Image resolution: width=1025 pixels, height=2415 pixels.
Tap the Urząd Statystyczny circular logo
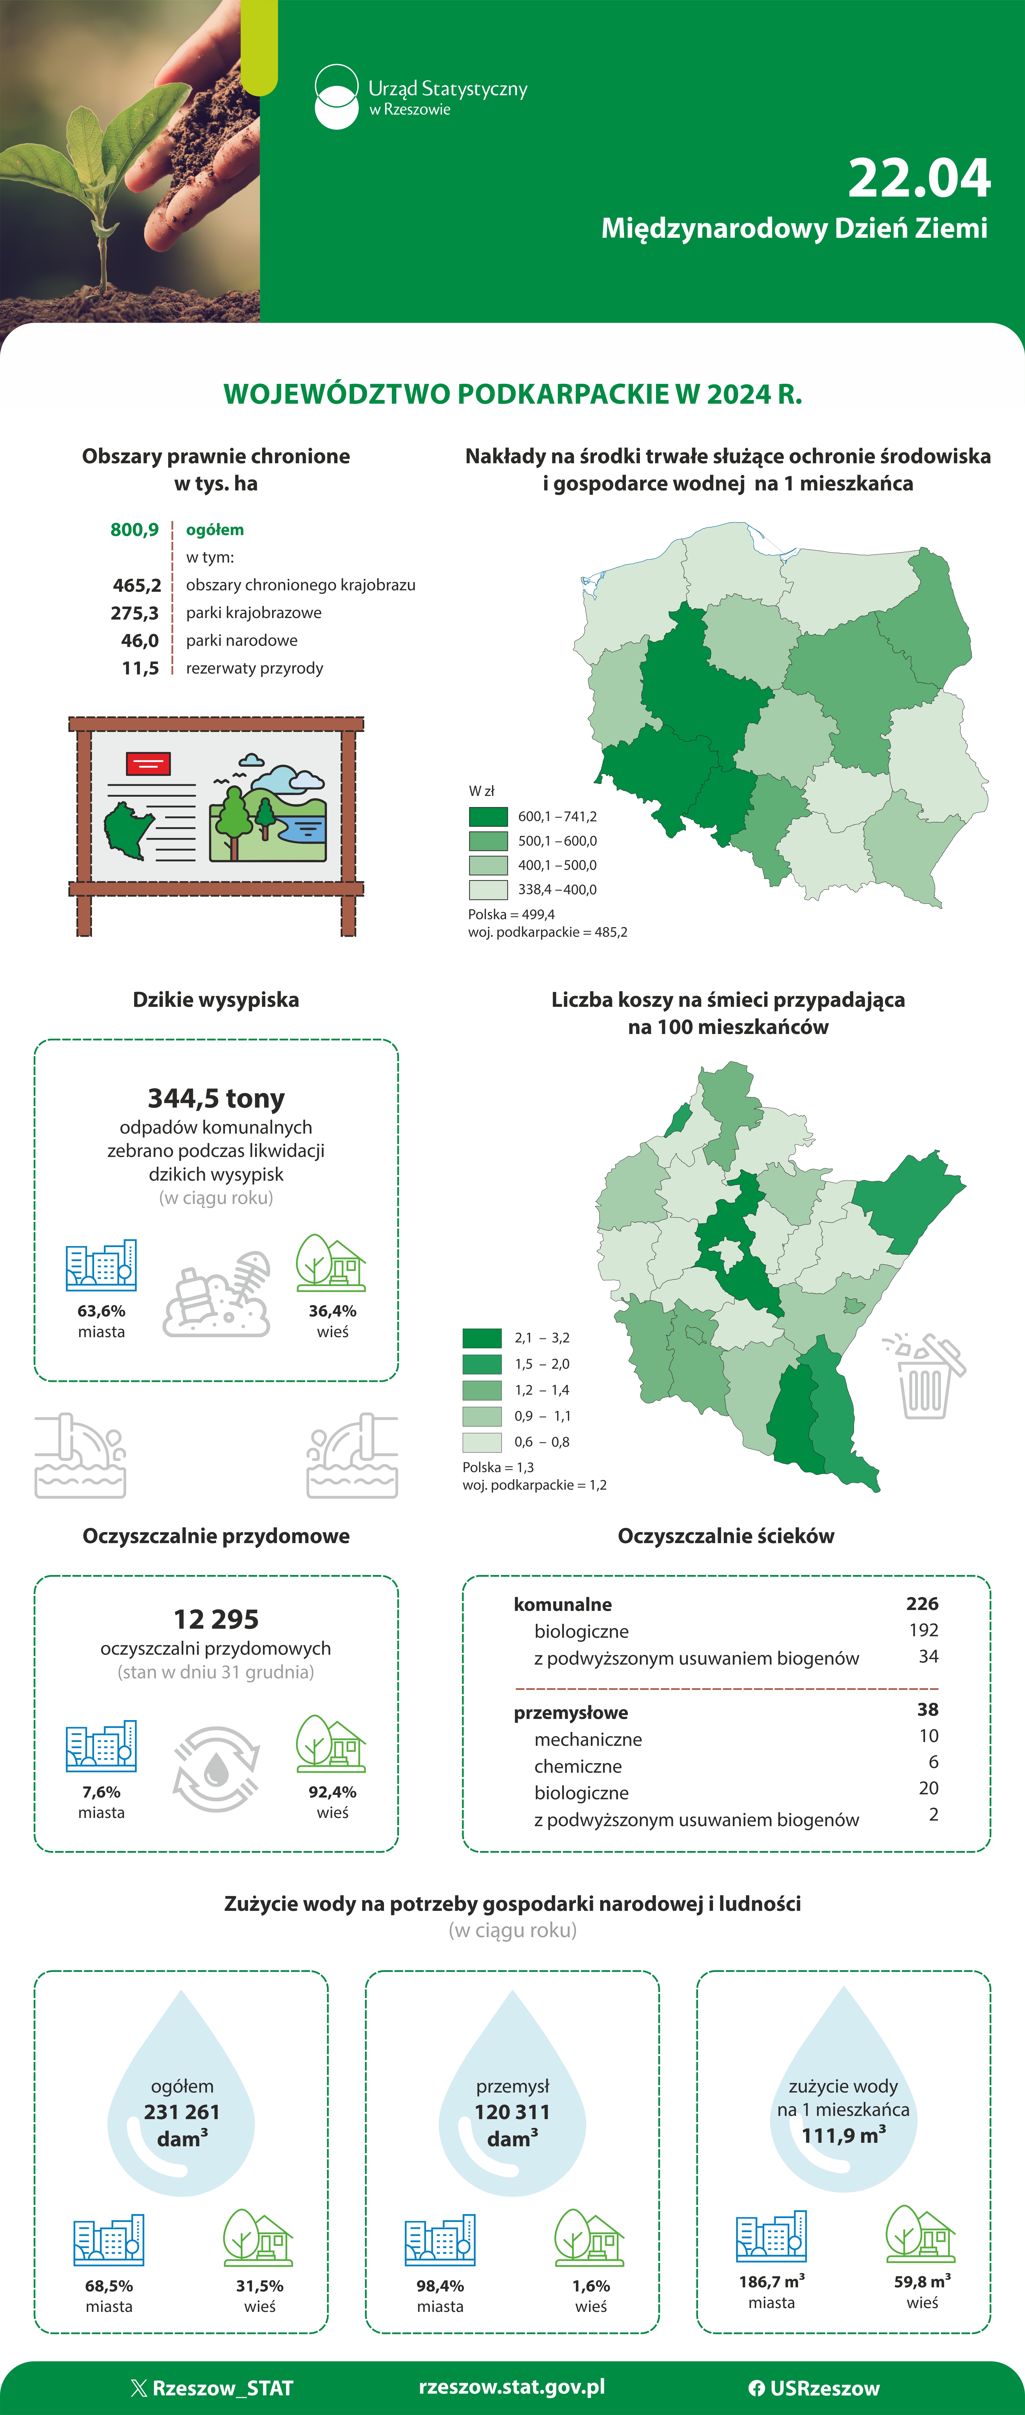point(336,97)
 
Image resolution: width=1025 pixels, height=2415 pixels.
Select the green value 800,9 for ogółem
point(135,530)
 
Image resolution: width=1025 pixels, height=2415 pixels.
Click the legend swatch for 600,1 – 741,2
point(488,817)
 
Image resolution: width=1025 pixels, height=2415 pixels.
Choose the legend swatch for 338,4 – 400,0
point(488,890)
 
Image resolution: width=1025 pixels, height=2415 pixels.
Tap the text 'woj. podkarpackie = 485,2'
point(548,932)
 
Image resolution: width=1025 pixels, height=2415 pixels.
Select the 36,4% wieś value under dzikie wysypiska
point(332,1311)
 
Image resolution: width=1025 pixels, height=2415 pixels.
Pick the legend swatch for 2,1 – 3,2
point(482,1338)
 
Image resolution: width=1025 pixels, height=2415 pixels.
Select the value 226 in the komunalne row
point(922,1604)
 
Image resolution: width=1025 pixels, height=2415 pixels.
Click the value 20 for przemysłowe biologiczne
point(928,1788)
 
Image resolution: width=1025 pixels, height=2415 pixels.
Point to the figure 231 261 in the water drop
point(182,2111)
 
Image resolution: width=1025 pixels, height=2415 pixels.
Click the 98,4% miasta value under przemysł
point(440,2286)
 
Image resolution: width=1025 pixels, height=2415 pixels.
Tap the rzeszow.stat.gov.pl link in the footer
point(512,2387)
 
